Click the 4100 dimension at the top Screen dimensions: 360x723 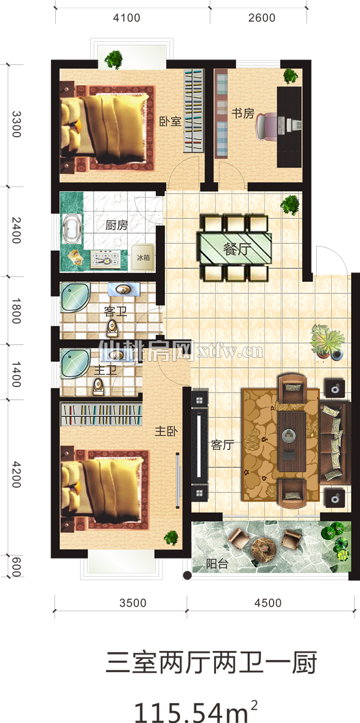(127, 18)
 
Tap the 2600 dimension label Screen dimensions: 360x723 (262, 18)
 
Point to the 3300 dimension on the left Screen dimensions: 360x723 (16, 124)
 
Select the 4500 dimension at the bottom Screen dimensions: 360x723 (268, 602)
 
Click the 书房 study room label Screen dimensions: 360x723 (243, 113)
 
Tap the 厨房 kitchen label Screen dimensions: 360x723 (116, 225)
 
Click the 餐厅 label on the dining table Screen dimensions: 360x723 (238, 249)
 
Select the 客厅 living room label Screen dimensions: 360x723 (223, 445)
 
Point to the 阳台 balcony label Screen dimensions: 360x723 (217, 564)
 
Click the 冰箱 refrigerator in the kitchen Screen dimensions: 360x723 (143, 257)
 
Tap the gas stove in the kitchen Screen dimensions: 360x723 (106, 259)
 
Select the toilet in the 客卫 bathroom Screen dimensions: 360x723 (112, 328)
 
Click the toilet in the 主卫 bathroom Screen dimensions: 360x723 (98, 386)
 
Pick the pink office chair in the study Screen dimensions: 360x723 (267, 127)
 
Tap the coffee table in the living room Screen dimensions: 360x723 (292, 441)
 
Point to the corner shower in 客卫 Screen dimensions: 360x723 (75, 296)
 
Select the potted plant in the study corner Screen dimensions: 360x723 (290, 76)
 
